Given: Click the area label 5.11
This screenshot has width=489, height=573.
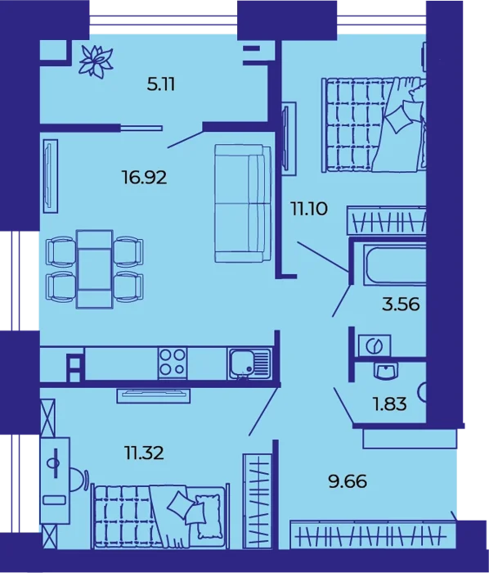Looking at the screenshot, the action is pos(161,85).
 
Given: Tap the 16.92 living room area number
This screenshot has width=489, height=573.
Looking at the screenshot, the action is pos(145,178).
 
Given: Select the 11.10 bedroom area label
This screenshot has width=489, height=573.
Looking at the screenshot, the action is pos(309,209).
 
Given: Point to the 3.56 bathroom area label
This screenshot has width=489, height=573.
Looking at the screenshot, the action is pos(401,304).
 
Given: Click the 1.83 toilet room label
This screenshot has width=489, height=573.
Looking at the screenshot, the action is pos(390,404).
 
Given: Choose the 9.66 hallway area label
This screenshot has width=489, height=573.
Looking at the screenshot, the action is pos(348,481).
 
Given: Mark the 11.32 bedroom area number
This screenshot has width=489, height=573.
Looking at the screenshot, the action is pos(144,453).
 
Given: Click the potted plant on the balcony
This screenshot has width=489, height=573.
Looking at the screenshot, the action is pos(96,61).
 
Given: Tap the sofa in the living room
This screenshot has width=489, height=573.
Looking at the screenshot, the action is pos(243,203).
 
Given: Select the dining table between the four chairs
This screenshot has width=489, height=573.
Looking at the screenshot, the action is pos(95,269).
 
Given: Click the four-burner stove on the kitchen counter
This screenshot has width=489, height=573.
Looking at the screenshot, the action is pos(173,363).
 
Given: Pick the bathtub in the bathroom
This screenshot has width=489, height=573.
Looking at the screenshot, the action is pos(394,264).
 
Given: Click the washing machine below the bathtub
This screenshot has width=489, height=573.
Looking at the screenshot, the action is pos(375,345).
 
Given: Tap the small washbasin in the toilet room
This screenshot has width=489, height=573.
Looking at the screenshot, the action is pos(386,371).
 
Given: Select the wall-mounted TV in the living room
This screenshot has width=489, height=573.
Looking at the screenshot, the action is pos(51,176).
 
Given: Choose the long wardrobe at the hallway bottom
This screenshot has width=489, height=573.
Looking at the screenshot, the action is pos(373,535).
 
